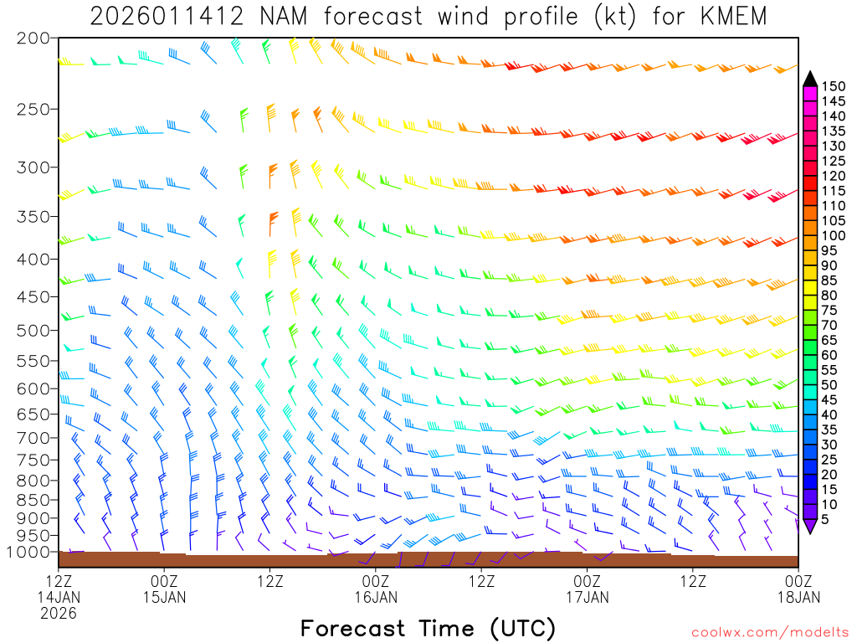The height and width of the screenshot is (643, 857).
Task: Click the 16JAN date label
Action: [x=376, y=597]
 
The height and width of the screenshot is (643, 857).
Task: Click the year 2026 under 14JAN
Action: [x=59, y=613]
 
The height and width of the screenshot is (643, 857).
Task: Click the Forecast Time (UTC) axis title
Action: [x=428, y=628]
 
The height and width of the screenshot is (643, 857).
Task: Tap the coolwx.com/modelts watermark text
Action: [x=769, y=631]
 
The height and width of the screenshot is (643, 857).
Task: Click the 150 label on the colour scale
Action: [x=833, y=85]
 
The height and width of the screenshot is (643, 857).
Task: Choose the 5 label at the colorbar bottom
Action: [x=825, y=519]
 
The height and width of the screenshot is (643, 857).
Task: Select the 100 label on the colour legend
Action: [x=833, y=235]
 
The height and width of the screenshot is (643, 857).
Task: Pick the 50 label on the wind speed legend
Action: [x=829, y=384]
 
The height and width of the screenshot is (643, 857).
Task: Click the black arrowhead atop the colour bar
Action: [x=809, y=78]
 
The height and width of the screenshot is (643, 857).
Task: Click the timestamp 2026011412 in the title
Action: [x=166, y=16]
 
